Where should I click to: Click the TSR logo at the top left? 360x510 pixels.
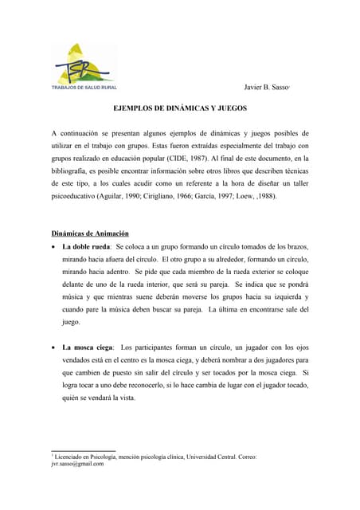(79, 63)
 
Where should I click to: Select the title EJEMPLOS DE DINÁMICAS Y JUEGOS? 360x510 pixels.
(179, 107)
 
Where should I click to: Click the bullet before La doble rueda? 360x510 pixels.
(53, 247)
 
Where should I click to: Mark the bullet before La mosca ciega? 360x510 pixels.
(53, 348)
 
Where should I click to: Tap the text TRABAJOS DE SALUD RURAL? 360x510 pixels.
(84, 87)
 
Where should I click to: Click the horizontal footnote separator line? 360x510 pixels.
(82, 449)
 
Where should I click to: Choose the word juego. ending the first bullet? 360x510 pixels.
(72, 322)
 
